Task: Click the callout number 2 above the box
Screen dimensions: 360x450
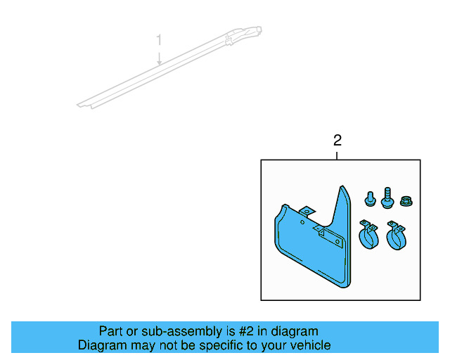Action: coord(337,140)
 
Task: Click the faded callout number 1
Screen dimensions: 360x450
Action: coord(160,39)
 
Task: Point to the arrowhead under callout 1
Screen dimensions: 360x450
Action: coord(160,63)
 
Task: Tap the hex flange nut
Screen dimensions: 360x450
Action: coord(406,201)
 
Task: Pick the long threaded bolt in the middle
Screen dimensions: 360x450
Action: coord(387,198)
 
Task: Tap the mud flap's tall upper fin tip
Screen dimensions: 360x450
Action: coord(342,189)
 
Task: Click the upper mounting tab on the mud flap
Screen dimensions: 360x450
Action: coord(307,212)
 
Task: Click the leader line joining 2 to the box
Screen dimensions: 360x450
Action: coord(337,155)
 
